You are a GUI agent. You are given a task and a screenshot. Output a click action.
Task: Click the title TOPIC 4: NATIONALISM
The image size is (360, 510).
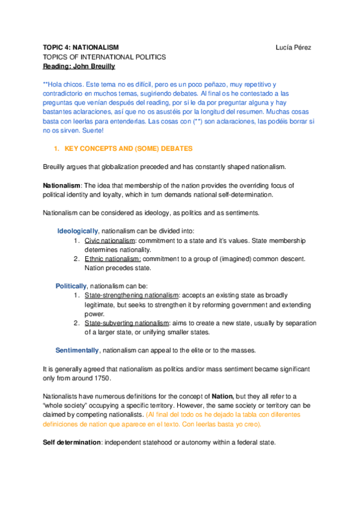point(81,47)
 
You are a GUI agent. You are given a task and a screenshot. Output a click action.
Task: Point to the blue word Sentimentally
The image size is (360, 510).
point(78,350)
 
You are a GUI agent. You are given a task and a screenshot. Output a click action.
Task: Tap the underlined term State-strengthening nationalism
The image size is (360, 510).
point(132,295)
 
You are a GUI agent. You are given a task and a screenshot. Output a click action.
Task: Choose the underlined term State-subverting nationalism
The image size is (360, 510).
point(127,323)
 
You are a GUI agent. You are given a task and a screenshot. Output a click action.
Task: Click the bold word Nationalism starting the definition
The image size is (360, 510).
point(62,185)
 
